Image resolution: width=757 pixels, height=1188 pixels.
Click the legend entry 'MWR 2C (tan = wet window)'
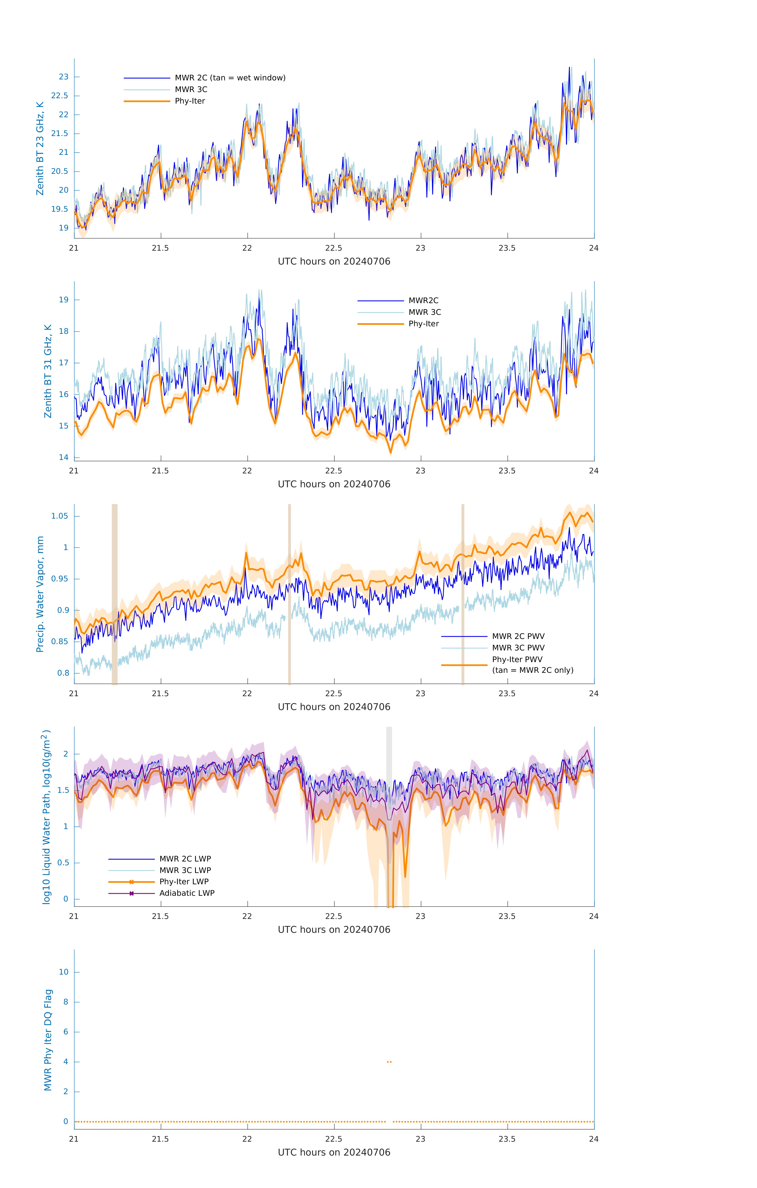point(230,78)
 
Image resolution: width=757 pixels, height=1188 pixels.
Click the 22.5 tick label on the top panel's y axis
point(60,96)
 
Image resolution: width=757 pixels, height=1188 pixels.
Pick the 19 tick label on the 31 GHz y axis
point(64,300)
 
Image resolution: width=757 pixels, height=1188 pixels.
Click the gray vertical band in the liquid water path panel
point(389,750)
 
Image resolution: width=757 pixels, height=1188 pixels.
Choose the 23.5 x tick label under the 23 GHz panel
point(507,248)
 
